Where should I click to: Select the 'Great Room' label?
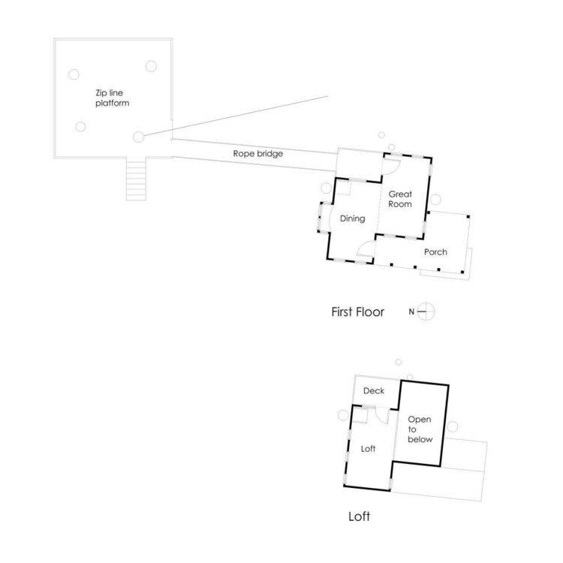pyautogui.click(x=402, y=199)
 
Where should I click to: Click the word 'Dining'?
pyautogui.click(x=352, y=219)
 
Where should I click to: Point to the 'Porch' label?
pyautogui.click(x=435, y=252)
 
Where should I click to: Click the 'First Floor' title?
pyautogui.click(x=357, y=312)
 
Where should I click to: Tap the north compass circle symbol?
pyautogui.click(x=426, y=311)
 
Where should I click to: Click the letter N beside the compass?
pyautogui.click(x=411, y=311)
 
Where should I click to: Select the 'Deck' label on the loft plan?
pyautogui.click(x=374, y=391)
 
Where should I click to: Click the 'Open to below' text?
pyautogui.click(x=420, y=429)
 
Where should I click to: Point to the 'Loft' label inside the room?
pyautogui.click(x=368, y=449)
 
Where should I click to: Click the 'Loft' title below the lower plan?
pyautogui.click(x=360, y=517)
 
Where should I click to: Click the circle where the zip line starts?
pyautogui.click(x=138, y=137)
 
